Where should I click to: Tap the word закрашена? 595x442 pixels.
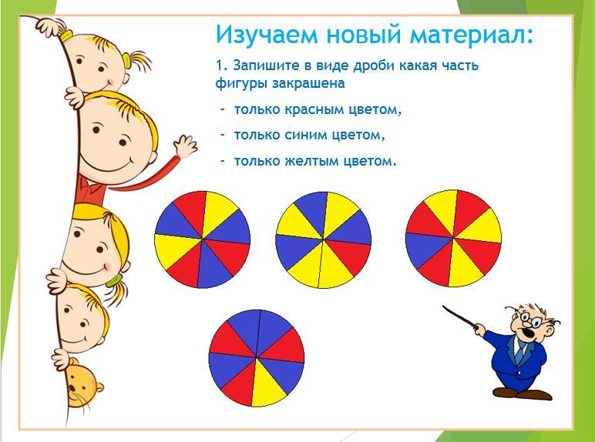pos(308,83)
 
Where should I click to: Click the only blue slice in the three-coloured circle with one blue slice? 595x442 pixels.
pos(427,249)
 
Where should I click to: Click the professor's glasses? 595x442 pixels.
pos(530,319)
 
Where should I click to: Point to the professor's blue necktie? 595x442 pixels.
pos(520,351)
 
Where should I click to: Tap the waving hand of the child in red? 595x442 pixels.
pos(186,146)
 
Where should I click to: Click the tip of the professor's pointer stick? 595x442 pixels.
pos(443,306)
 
